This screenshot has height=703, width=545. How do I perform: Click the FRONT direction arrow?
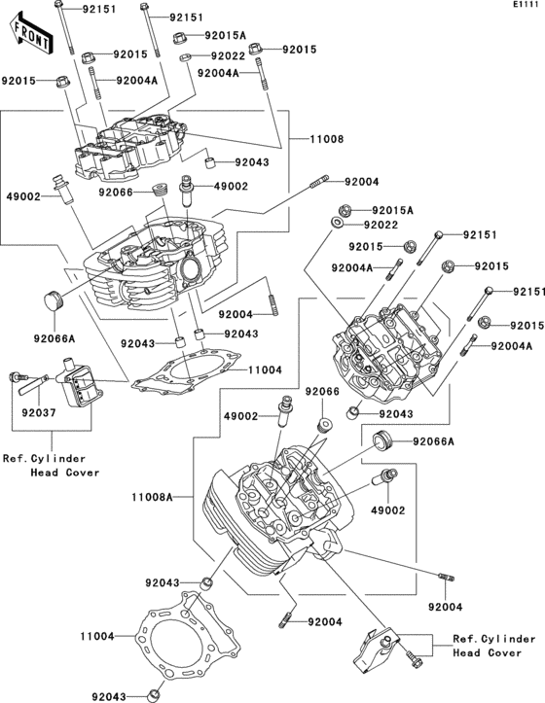coord(30,34)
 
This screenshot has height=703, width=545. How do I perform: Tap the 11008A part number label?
coord(152,496)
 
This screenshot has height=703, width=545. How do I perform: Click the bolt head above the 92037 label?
coord(17,377)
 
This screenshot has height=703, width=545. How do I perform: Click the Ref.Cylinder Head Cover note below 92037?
coord(44,465)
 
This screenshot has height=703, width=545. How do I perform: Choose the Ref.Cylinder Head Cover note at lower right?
coord(493,647)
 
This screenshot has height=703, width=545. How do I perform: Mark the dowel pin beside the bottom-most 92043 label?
coord(153,695)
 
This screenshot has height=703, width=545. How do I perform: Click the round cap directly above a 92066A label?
coord(49,298)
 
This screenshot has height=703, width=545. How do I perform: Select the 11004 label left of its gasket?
coord(98,636)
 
